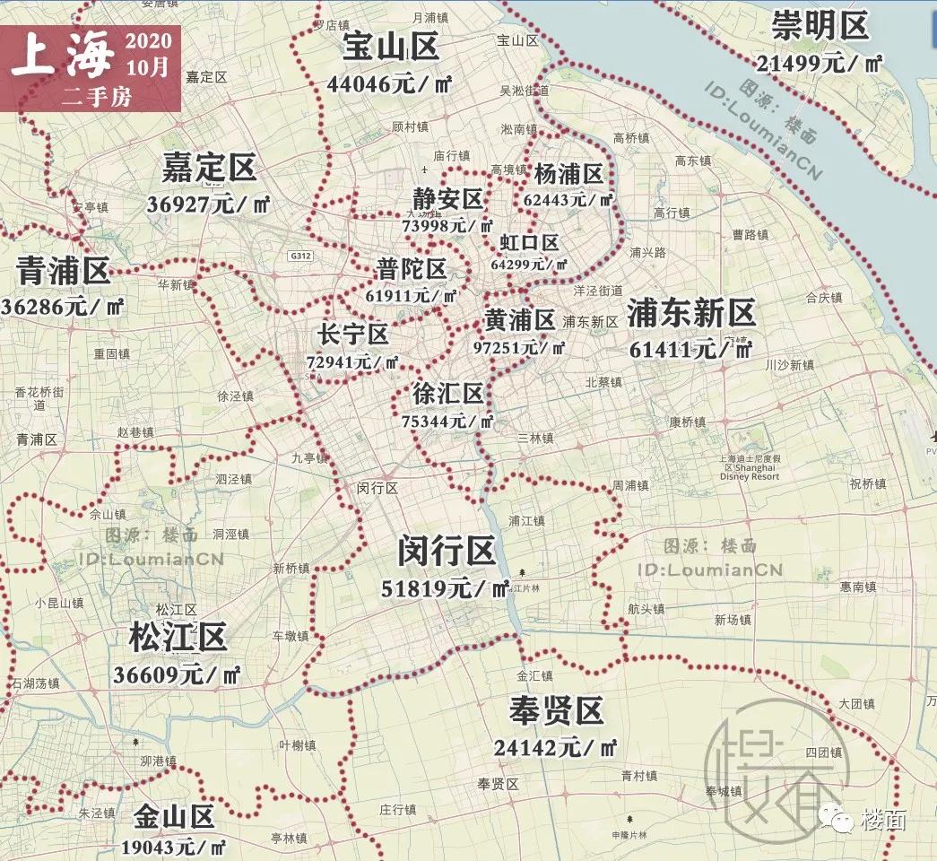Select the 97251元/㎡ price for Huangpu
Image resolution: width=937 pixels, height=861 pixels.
point(519,346)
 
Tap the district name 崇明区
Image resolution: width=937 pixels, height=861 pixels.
point(820,26)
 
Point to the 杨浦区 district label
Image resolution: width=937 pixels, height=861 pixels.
point(568,173)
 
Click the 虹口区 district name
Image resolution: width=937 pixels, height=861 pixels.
point(529,242)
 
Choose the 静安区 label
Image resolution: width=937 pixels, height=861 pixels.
point(447,198)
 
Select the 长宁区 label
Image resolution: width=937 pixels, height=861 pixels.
point(352,335)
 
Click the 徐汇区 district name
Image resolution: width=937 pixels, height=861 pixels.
point(447,394)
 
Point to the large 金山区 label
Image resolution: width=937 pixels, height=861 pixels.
point(175,817)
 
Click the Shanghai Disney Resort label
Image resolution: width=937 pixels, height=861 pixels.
point(749,467)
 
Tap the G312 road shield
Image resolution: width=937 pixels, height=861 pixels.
point(300,256)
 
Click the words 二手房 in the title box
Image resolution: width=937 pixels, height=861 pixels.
point(97,97)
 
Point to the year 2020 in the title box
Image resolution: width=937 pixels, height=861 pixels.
point(149,41)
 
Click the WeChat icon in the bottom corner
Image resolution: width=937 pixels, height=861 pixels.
point(840,818)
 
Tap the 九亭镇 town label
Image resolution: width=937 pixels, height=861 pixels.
point(309,457)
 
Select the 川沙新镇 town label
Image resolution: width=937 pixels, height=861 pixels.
point(789,365)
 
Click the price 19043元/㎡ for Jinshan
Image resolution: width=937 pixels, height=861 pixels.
point(175,846)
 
